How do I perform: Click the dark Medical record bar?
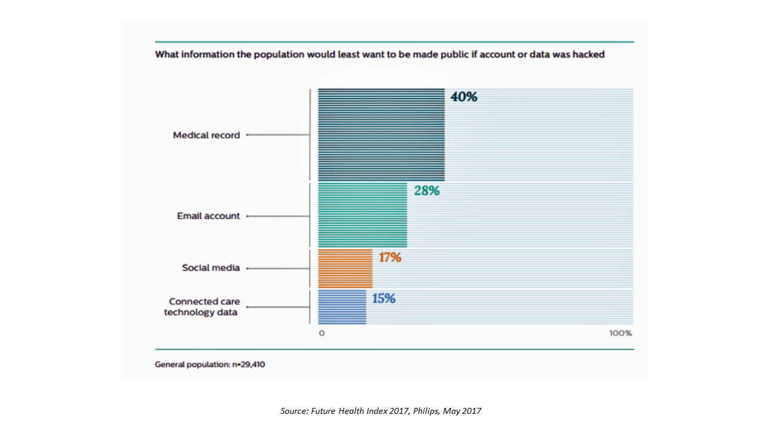[x=381, y=134]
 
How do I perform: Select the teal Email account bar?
[x=362, y=215]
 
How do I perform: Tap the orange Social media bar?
[x=345, y=268]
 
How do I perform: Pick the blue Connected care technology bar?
[x=342, y=307]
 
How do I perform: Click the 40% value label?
[x=464, y=97]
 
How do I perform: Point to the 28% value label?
[x=427, y=191]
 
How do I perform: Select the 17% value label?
[x=390, y=258]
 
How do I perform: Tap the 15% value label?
[x=384, y=298]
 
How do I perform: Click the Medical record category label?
[x=207, y=136]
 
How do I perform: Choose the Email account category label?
[x=208, y=216]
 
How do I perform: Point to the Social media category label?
[x=211, y=268]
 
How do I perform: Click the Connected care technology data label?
[x=201, y=307]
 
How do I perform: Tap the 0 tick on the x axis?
[x=322, y=333]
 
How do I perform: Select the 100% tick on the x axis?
[x=620, y=333]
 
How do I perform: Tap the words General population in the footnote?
[x=192, y=364]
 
